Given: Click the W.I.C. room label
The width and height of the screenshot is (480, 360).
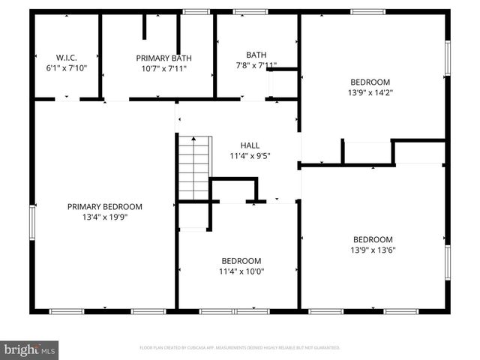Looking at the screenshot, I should click(67, 57).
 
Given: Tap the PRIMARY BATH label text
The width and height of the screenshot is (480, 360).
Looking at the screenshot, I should click(163, 58).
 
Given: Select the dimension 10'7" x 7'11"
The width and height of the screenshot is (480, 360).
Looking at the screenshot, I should click(163, 68).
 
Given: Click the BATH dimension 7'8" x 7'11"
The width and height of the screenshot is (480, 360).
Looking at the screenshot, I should click(256, 65).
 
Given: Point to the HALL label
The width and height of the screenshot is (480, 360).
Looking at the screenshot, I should click(250, 145).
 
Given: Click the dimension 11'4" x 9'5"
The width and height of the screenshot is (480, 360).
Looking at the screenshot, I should click(250, 156).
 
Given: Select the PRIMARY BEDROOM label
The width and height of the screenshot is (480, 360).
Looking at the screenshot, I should click(104, 206).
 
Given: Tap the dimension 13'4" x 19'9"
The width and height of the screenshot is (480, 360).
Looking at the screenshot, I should click(104, 217).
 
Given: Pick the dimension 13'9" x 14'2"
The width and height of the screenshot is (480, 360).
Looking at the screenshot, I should click(371, 93).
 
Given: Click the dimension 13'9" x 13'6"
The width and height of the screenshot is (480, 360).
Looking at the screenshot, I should click(373, 250).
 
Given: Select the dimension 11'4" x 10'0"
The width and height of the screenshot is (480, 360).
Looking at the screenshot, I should click(241, 271).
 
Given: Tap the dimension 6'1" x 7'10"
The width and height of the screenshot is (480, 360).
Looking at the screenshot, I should click(67, 67).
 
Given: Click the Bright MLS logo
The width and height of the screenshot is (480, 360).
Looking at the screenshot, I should click(30, 349).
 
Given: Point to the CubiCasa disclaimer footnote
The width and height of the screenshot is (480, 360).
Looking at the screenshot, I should click(240, 348).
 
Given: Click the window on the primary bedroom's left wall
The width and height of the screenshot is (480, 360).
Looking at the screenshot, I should click(31, 222).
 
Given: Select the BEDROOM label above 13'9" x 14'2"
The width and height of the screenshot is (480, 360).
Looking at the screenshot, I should click(371, 82).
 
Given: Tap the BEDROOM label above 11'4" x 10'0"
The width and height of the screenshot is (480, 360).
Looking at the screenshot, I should click(241, 260).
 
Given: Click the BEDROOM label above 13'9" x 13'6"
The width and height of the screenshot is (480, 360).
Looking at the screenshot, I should click(373, 239).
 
